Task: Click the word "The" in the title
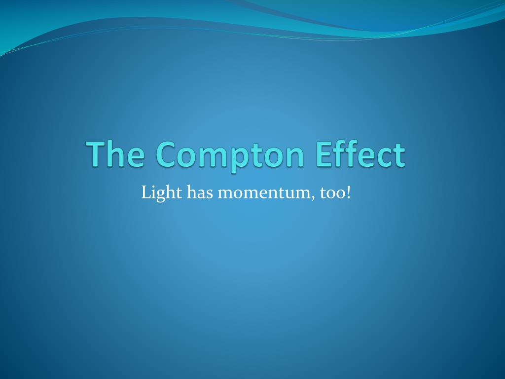[117, 154]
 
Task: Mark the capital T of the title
[98, 153]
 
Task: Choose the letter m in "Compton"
[213, 156]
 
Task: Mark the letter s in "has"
[209, 193]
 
